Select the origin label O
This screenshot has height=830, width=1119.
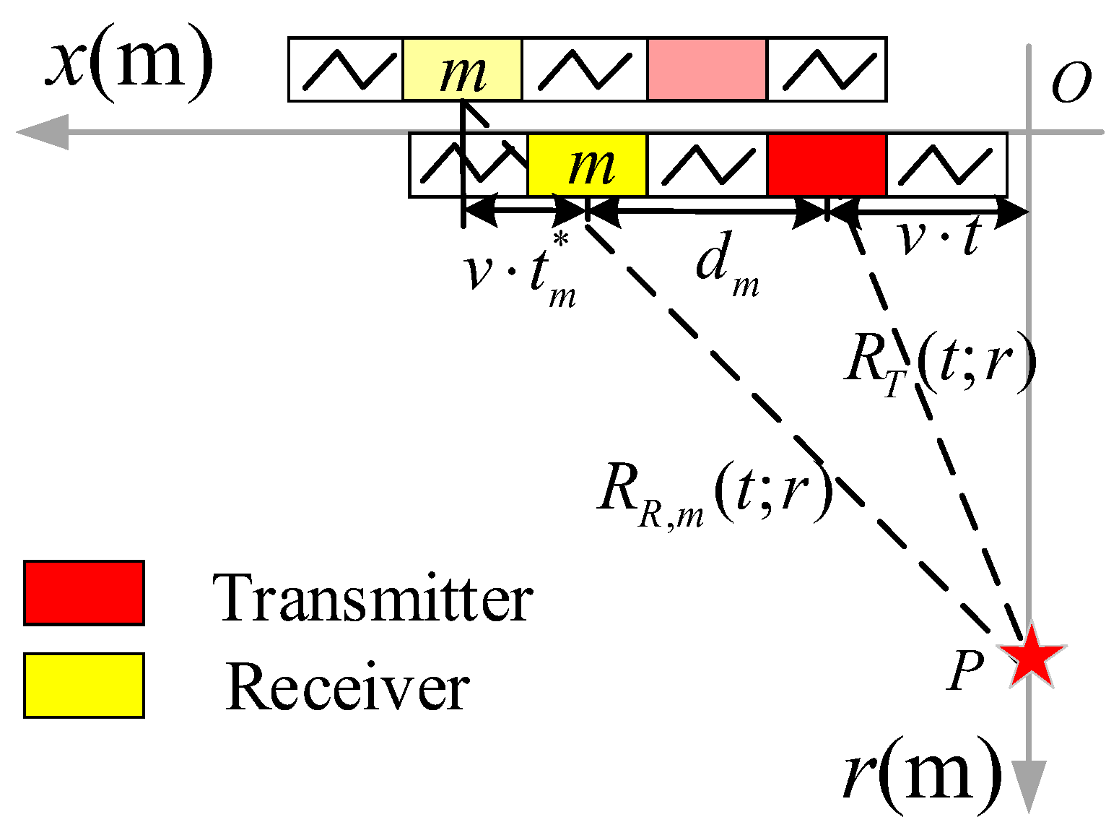[x=1070, y=84]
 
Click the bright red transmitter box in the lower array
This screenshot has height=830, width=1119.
[x=827, y=165]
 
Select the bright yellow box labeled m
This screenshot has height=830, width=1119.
[x=587, y=165]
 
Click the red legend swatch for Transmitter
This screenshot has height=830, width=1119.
[x=84, y=592]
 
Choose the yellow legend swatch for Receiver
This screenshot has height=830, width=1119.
[x=84, y=686]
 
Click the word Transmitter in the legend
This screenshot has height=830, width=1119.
[x=373, y=598]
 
